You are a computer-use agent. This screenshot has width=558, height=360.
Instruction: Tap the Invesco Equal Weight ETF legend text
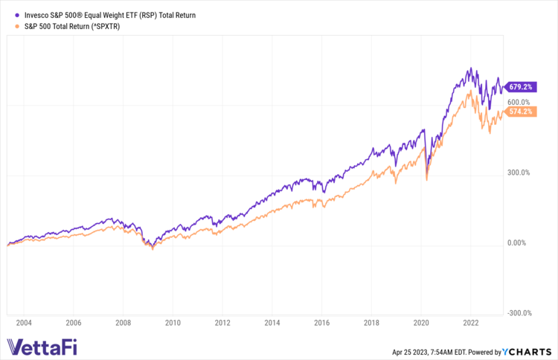(105, 14)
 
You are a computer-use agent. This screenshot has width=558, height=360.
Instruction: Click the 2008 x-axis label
(123, 323)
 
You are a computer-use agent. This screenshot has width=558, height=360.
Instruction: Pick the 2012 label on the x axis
(222, 323)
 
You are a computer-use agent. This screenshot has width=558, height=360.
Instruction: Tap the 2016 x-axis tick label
(321, 323)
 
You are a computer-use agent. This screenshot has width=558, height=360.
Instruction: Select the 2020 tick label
(421, 323)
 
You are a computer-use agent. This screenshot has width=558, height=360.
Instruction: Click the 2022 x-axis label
(471, 323)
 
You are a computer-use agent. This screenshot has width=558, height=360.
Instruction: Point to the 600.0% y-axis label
(519, 102)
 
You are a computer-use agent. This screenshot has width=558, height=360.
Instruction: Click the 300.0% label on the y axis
(519, 173)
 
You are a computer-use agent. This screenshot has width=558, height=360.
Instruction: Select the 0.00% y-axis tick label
(517, 243)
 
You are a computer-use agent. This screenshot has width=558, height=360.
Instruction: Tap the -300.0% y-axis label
(518, 313)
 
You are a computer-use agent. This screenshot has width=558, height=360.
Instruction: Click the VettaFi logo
(42, 347)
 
